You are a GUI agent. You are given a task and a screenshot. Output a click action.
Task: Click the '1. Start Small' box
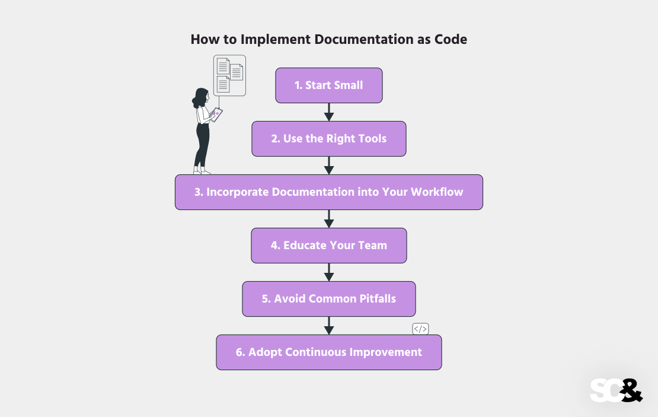click(329, 85)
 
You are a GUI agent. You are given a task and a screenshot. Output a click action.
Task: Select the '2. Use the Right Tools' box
click(329, 139)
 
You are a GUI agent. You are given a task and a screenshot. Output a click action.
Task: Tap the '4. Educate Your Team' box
click(329, 246)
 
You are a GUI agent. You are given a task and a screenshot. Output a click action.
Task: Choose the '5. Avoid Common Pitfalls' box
click(329, 299)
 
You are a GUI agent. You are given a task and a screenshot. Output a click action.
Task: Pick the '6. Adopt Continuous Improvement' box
click(329, 352)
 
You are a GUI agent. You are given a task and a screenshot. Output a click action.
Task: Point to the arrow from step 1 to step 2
click(329, 112)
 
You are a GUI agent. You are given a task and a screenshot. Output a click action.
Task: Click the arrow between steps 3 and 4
click(329, 219)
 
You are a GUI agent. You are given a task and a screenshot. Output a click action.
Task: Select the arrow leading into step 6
click(329, 326)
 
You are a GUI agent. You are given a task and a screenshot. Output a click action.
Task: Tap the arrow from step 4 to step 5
click(329, 272)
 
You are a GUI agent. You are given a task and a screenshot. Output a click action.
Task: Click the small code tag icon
click(420, 329)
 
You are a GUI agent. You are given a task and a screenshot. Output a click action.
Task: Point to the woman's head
click(201, 97)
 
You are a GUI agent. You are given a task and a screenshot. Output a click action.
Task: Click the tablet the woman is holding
click(216, 114)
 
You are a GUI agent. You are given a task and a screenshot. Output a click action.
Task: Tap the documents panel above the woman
click(229, 75)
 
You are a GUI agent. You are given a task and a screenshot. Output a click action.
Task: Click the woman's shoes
click(202, 171)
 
